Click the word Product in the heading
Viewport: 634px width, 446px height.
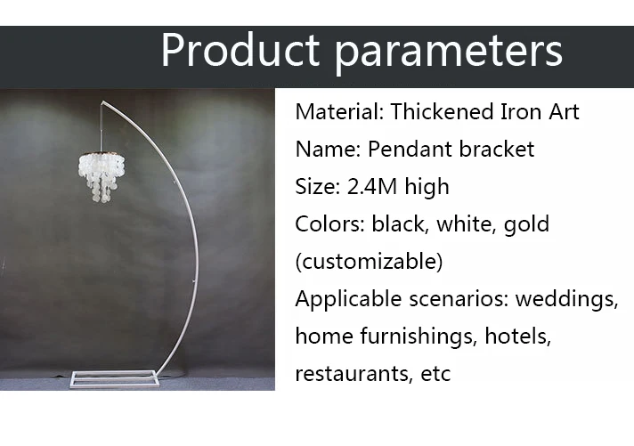pos(240,49)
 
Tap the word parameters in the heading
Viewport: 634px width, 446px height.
pos(449,53)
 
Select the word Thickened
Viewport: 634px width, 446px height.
pos(442,111)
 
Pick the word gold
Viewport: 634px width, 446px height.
pos(526,225)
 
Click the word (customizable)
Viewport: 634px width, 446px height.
pos(369,261)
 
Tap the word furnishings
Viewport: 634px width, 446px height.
pos(416,337)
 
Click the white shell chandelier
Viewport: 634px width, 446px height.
pos(102,176)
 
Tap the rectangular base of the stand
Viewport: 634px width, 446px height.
pos(116,379)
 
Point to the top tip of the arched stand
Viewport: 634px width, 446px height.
pos(102,101)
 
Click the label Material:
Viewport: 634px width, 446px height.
pos(339,111)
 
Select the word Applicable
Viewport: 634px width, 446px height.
pos(348,300)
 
